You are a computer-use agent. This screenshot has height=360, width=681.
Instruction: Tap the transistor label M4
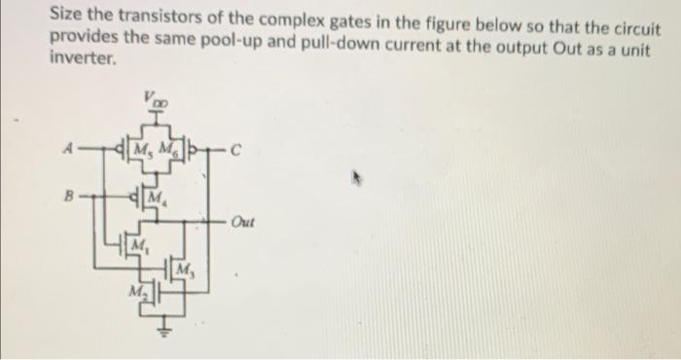click(x=155, y=199)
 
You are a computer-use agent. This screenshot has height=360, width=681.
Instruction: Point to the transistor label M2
click(x=137, y=291)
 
